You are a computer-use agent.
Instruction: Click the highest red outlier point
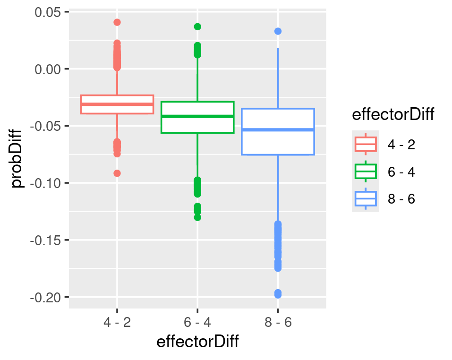click(117, 22)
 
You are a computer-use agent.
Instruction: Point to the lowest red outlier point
click(117, 173)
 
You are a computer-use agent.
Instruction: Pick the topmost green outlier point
click(197, 26)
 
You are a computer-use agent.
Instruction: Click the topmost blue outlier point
click(278, 31)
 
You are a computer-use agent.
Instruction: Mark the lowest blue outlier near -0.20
click(278, 294)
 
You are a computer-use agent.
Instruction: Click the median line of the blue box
click(278, 129)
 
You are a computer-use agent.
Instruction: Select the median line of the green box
click(197, 116)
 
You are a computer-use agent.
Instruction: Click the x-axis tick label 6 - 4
click(197, 323)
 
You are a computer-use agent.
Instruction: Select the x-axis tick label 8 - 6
click(278, 323)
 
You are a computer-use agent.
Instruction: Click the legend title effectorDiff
click(393, 115)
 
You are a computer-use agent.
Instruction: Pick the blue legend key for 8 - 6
click(365, 199)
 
